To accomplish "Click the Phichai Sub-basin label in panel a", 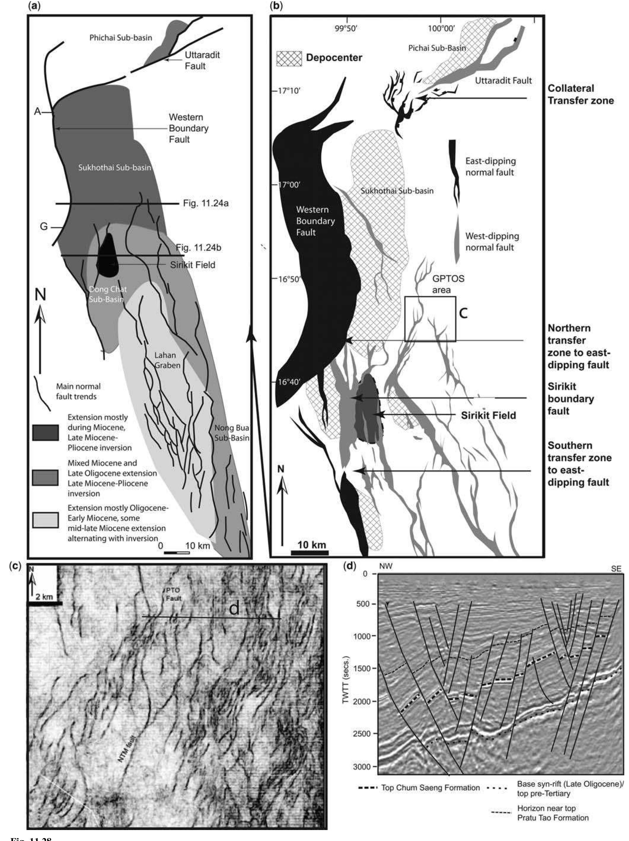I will tap(120, 38).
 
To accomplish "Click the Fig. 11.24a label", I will tap(205, 204).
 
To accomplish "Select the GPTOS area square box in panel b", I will tap(430, 319).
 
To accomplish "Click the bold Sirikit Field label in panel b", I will tap(488, 415).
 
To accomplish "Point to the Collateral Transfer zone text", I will tap(580, 94).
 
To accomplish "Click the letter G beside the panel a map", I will tap(44, 227).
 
